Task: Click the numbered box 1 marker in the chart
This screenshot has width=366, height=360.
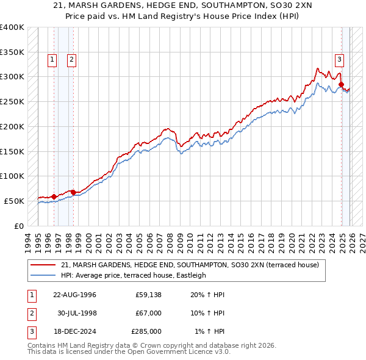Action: [52, 60]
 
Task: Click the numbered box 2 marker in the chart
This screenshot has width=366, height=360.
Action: [71, 60]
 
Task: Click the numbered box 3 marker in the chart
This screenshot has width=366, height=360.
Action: [339, 60]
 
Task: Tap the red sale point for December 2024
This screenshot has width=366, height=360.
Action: [342, 84]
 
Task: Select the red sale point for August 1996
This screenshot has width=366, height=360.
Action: [54, 196]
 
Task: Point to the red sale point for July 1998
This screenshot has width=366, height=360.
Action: [73, 192]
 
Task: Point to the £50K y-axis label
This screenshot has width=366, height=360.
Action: [14, 201]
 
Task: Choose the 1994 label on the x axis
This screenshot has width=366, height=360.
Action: [28, 241]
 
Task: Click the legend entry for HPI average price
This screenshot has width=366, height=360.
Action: [134, 275]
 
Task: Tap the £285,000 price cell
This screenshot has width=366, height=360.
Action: [146, 331]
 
